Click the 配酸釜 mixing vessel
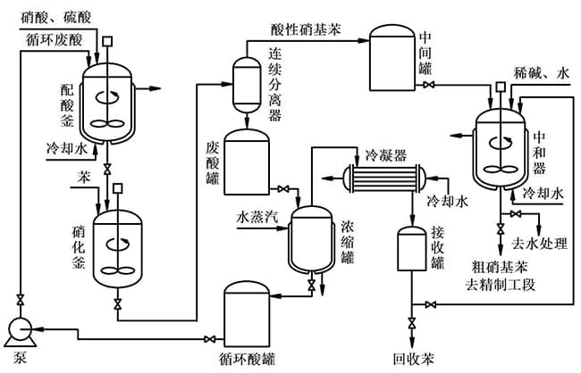point(108,99)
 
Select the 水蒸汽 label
point(256,217)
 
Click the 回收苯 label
point(414,361)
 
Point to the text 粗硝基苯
point(495,266)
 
